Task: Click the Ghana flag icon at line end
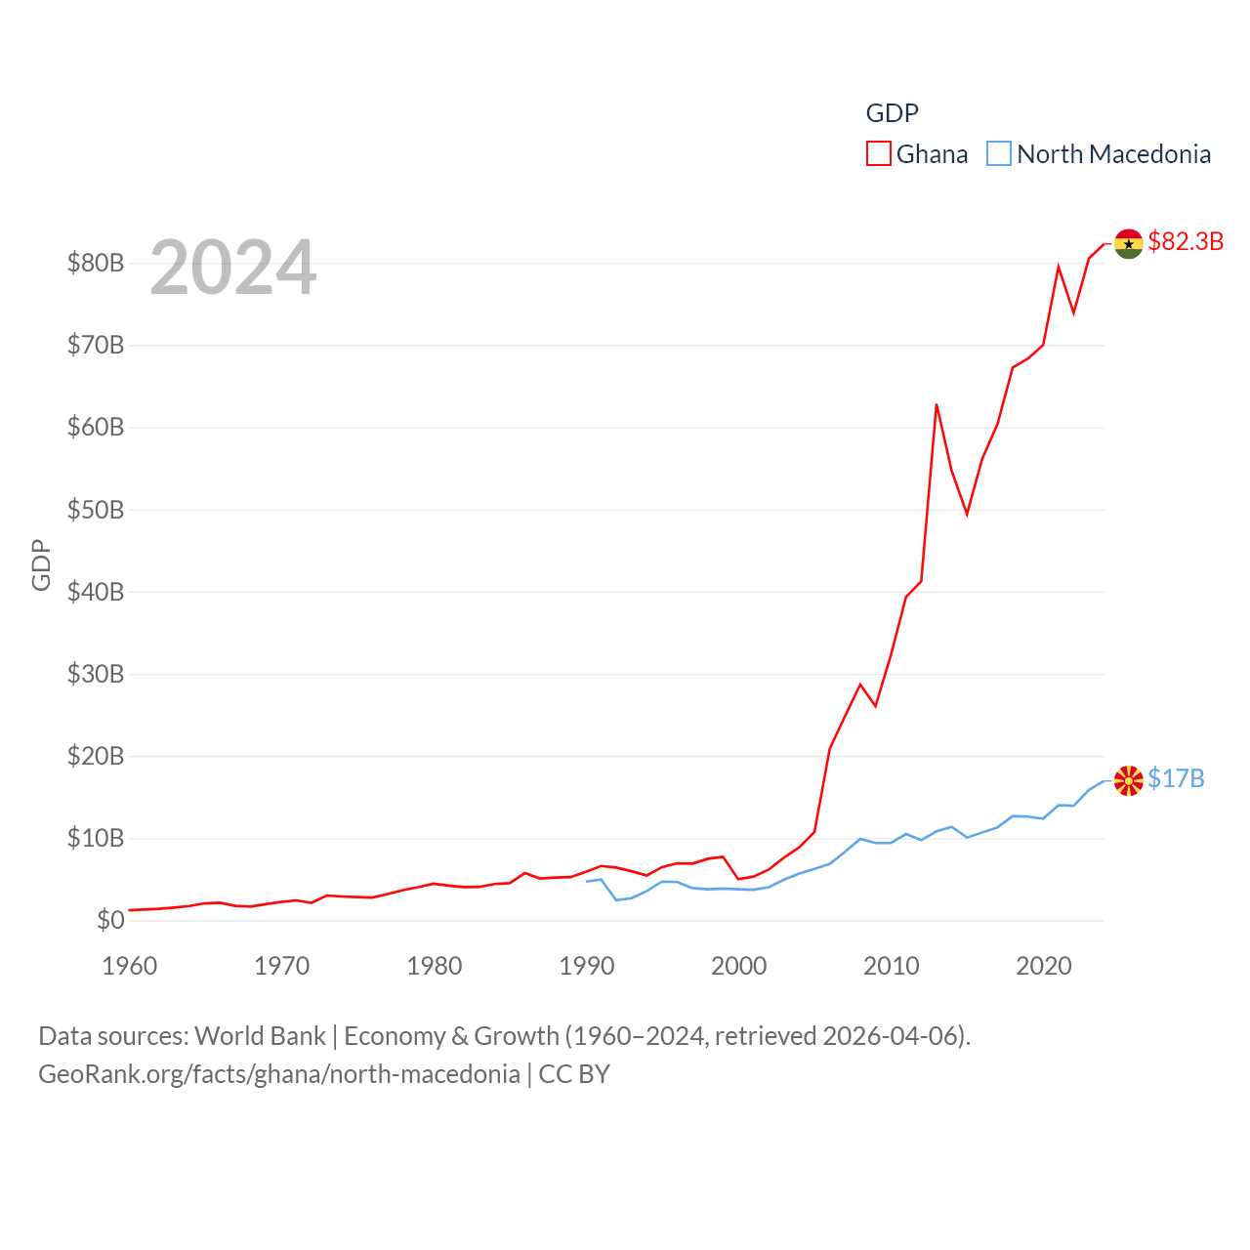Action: (x=1128, y=244)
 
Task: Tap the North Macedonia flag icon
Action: (x=1128, y=780)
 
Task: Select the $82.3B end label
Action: (x=1186, y=241)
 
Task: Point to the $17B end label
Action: (x=1176, y=778)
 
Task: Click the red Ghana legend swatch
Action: (x=879, y=154)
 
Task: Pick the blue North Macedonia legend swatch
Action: (x=998, y=154)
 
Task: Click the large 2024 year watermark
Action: (x=232, y=267)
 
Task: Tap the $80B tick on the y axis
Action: (x=95, y=263)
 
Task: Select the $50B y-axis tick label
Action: (x=95, y=510)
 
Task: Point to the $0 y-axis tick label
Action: (x=109, y=920)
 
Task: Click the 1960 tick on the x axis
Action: (x=130, y=966)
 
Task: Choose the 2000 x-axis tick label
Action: (x=738, y=966)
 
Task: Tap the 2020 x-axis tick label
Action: (x=1043, y=966)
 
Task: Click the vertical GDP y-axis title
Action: (x=41, y=564)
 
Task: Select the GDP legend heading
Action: (x=892, y=113)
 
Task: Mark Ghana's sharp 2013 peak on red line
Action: (x=937, y=405)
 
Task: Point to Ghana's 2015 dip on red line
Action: (x=967, y=513)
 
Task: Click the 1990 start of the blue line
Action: (x=587, y=881)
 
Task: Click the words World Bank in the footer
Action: (x=260, y=1035)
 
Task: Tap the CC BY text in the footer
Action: (x=574, y=1074)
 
